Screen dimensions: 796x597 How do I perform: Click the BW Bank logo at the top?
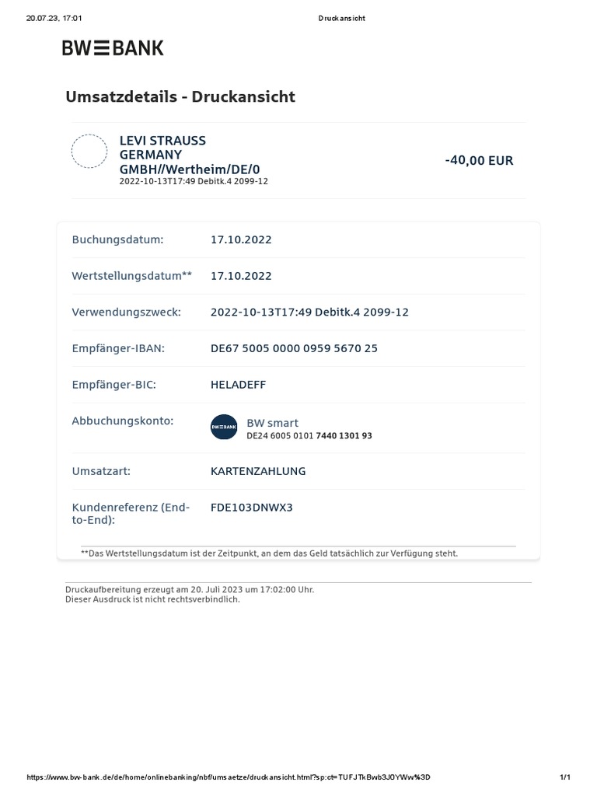tap(113, 48)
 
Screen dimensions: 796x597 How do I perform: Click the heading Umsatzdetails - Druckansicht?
tap(180, 97)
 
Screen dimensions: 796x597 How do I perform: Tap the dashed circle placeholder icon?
tap(89, 151)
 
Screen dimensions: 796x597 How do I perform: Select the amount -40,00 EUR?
tap(479, 161)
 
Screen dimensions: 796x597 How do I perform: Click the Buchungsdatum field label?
tap(117, 239)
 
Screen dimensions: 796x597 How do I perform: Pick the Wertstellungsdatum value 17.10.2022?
tap(241, 276)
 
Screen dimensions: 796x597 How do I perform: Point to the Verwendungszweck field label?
tap(126, 312)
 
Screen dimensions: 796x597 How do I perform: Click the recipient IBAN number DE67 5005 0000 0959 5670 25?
tap(294, 348)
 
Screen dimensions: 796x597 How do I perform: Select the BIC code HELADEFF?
tap(238, 385)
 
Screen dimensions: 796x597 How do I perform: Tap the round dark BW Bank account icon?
tap(224, 428)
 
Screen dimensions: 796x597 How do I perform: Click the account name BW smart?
tap(272, 423)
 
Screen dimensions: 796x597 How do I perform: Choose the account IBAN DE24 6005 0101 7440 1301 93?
tap(309, 436)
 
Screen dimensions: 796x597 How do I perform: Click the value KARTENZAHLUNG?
tap(258, 471)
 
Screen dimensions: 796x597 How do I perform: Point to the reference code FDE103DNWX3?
tap(252, 508)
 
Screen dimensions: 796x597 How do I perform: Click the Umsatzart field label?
tap(101, 471)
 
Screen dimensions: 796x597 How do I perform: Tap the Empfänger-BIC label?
tap(114, 385)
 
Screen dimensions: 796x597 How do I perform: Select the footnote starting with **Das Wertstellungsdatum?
tap(269, 553)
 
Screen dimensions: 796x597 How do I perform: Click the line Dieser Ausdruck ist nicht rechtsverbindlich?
tap(152, 599)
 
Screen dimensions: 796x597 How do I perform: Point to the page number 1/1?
tap(565, 777)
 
